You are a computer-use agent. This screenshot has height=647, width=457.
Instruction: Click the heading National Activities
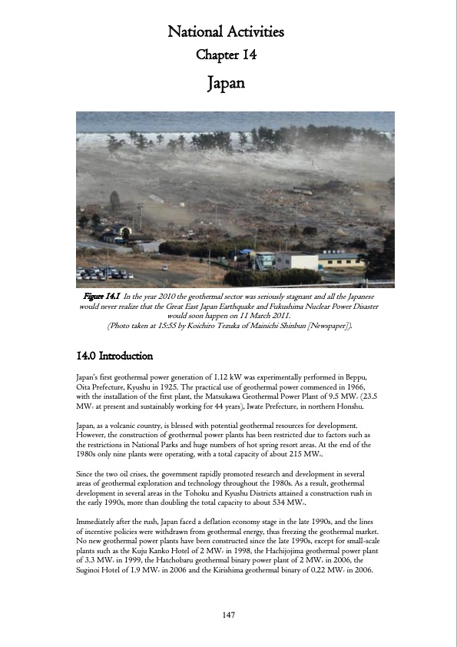pyautogui.click(x=226, y=32)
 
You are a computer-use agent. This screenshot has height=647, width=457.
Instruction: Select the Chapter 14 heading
pyautogui.click(x=226, y=55)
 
